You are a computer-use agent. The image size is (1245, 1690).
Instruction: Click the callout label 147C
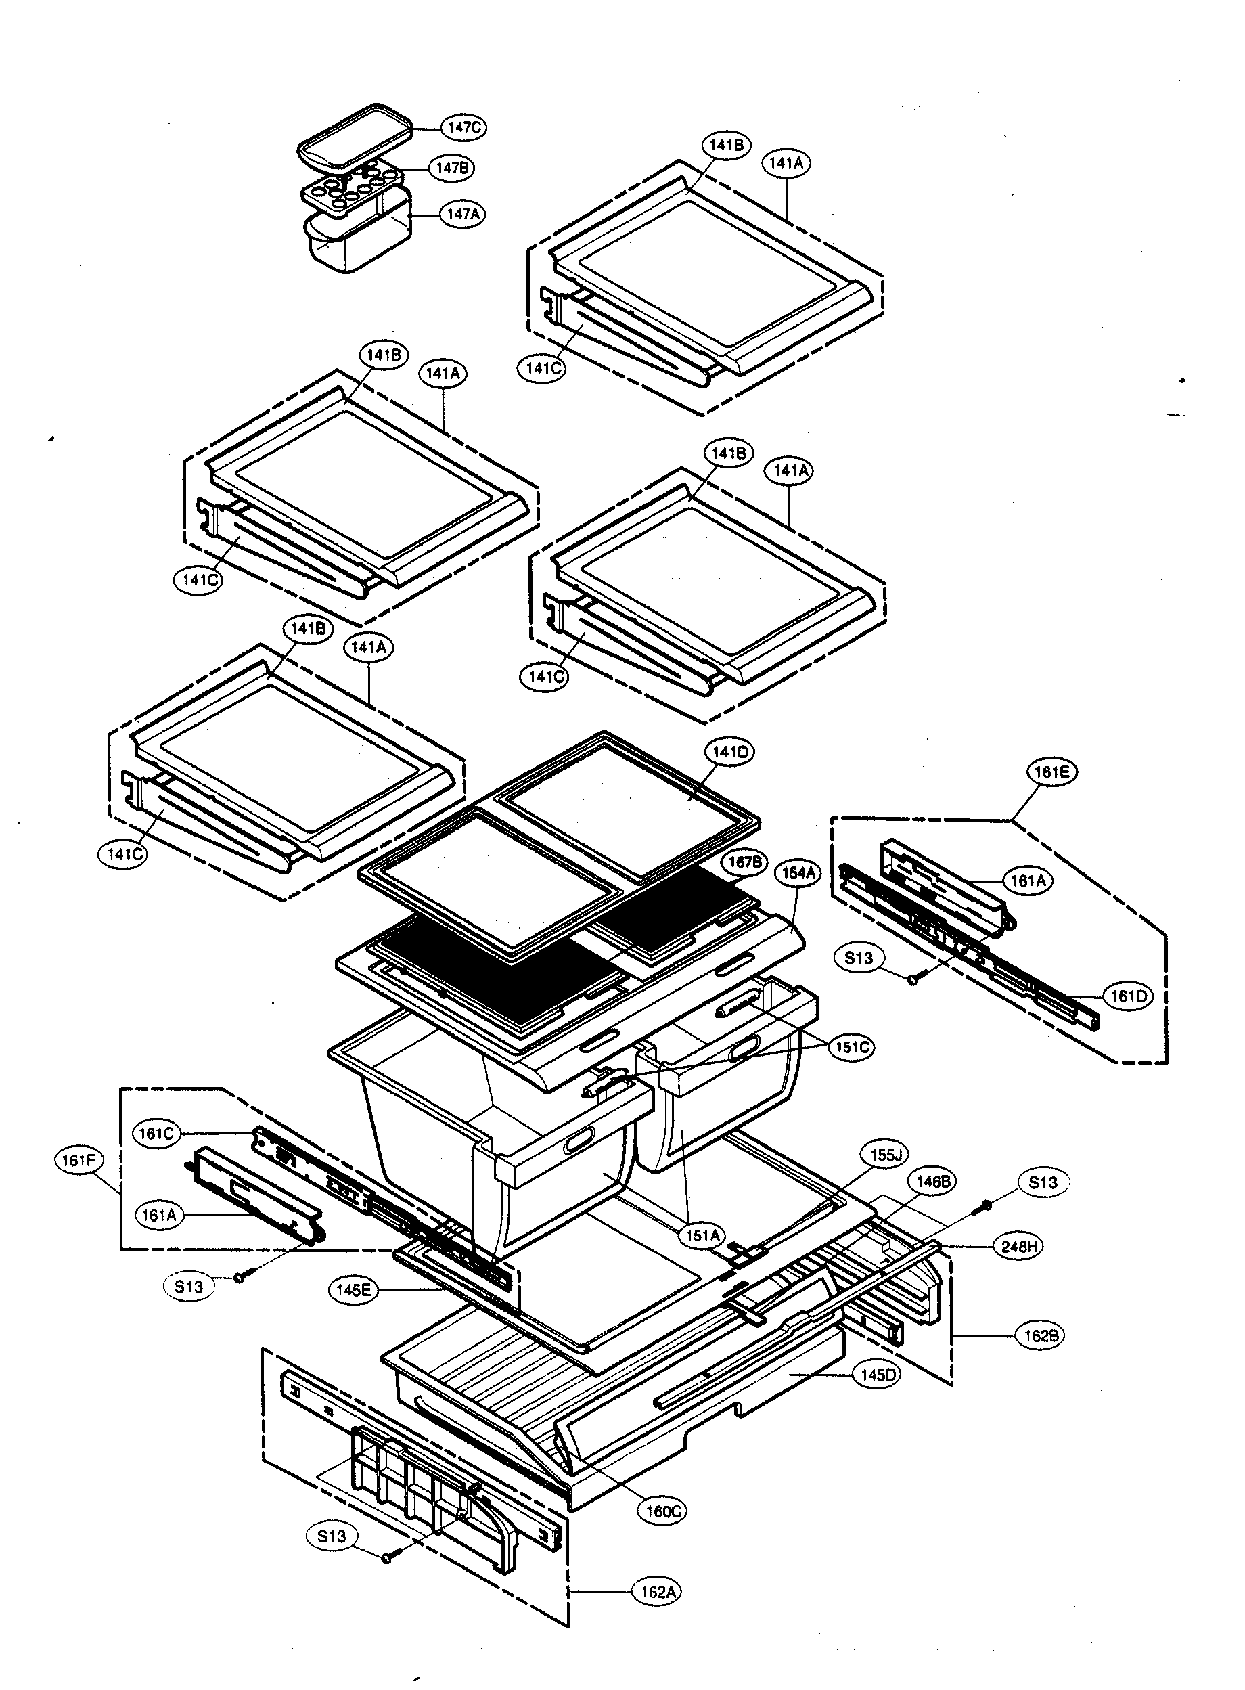(463, 127)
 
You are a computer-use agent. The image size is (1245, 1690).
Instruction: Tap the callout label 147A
(463, 214)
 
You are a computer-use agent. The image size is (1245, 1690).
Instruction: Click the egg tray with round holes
(352, 188)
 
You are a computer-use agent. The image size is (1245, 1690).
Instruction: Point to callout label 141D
(729, 751)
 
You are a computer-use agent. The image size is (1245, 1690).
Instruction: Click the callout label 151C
(853, 1047)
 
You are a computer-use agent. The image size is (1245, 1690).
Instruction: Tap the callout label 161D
(1129, 996)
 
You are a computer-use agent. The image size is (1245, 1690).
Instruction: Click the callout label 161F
(78, 1160)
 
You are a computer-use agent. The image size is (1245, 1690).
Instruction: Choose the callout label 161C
(157, 1133)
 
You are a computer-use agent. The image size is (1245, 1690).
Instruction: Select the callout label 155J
(886, 1155)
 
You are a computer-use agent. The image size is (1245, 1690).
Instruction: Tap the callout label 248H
(1019, 1246)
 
